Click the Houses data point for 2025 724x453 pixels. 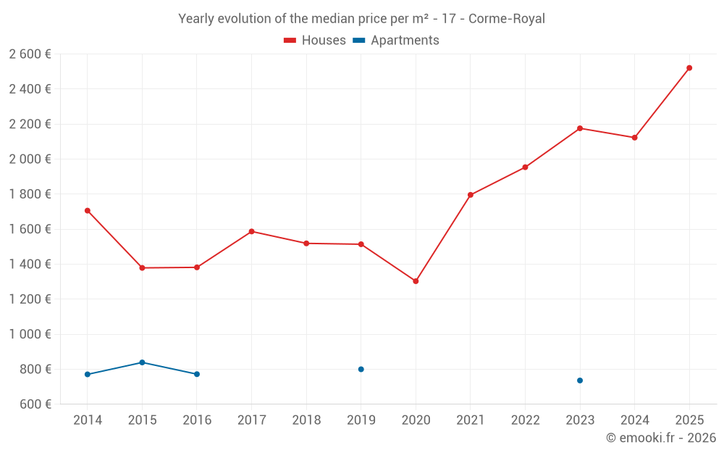click(689, 68)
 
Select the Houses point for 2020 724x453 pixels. click(416, 281)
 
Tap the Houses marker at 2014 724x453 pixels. click(88, 211)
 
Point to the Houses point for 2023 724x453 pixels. click(580, 128)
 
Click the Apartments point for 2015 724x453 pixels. click(142, 362)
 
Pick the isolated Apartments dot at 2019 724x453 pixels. click(361, 370)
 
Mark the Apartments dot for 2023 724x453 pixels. click(580, 381)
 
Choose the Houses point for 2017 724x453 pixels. click(251, 232)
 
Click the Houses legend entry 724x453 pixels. click(315, 41)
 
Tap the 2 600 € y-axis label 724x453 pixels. click(30, 54)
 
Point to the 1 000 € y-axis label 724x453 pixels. click(30, 334)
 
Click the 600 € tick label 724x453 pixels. click(34, 404)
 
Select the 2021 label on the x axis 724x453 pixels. click(471, 420)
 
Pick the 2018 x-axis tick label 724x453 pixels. click(306, 420)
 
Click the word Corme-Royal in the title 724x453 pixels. click(507, 19)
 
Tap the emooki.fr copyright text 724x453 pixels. click(661, 438)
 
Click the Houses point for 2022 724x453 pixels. click(525, 167)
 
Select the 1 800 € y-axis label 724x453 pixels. click(30, 194)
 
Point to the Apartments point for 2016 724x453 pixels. click(197, 374)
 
